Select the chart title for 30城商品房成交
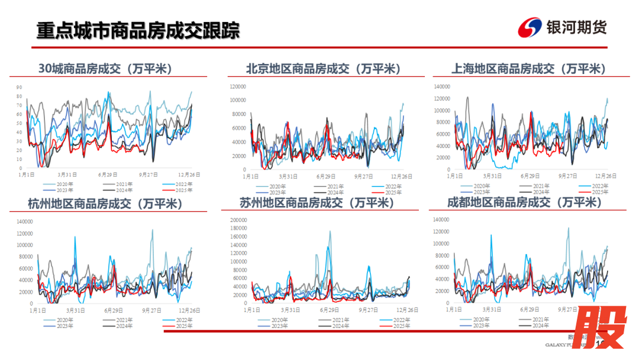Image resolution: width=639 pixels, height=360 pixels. click(105, 69)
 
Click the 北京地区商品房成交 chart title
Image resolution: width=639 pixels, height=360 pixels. click(324, 69)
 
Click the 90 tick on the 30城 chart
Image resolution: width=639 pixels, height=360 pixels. click(19, 88)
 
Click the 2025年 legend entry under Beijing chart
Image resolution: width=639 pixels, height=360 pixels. click(393, 192)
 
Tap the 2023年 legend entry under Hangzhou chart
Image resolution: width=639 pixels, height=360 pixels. click(65, 326)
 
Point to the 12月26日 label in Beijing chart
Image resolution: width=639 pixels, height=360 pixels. click(401, 176)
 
